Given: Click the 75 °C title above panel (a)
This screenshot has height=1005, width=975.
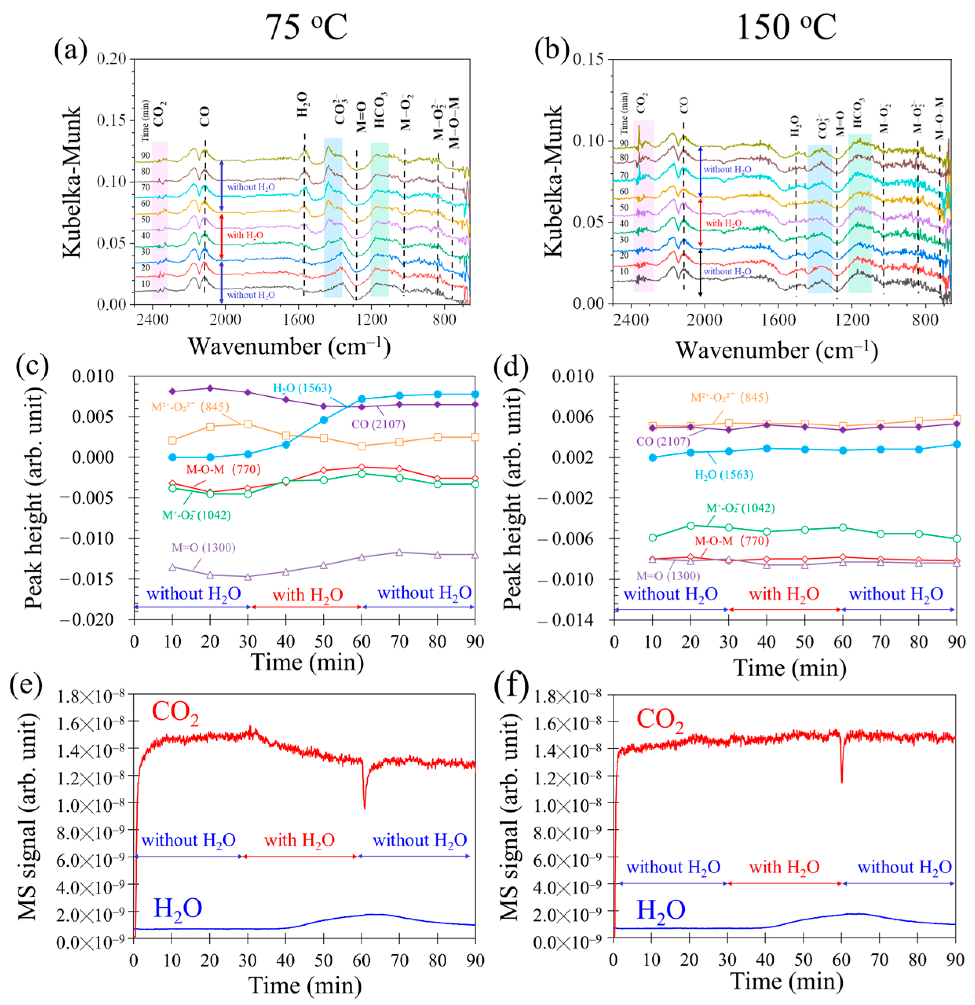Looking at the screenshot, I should click(306, 27).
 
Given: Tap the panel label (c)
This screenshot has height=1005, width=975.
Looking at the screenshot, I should click(32, 365).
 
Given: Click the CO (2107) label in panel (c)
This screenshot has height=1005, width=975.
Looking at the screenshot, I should click(378, 424).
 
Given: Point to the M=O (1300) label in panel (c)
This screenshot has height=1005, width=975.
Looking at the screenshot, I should click(203, 548).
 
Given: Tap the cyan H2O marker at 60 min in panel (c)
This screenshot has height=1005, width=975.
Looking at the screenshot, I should click(362, 399).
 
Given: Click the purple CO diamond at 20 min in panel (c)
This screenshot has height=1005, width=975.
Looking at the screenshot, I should click(210, 389).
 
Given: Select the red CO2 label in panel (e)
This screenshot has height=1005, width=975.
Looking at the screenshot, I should click(175, 713).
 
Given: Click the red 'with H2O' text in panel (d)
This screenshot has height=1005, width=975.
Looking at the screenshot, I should click(784, 594).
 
